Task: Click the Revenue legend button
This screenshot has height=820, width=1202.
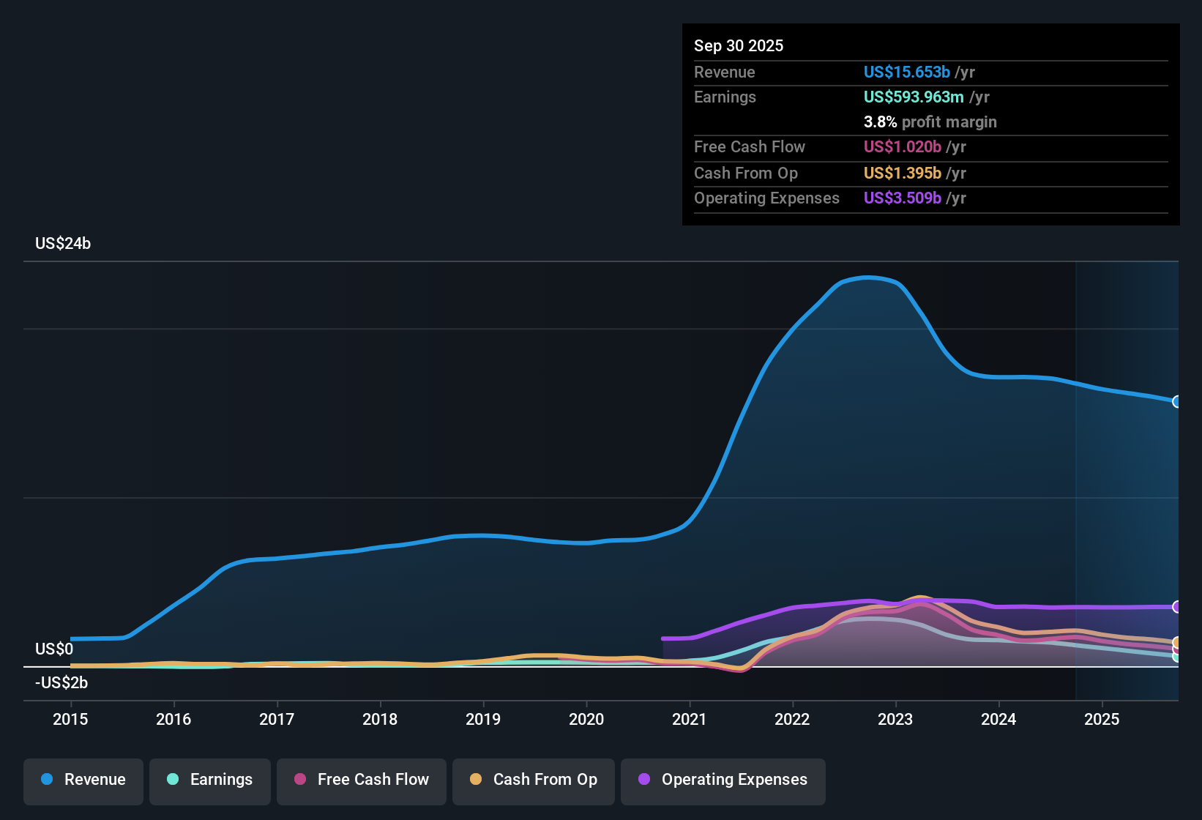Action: [83, 780]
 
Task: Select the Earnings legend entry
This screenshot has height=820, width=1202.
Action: [210, 780]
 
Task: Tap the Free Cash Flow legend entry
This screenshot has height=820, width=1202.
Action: [362, 780]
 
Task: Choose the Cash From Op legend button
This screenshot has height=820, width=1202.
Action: [534, 780]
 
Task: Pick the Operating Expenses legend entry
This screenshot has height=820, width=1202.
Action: [723, 780]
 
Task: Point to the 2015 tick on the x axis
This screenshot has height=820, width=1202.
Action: [70, 719]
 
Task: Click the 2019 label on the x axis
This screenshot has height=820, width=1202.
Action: [483, 719]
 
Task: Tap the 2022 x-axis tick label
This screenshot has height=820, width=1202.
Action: [792, 719]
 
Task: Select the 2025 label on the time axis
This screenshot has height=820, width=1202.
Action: [1102, 719]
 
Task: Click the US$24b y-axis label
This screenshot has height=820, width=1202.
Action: [63, 244]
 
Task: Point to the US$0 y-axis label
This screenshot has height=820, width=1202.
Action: [54, 649]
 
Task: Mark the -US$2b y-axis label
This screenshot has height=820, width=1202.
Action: [61, 683]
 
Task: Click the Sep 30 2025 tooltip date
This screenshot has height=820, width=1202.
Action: [739, 46]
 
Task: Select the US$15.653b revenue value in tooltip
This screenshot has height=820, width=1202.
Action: [906, 72]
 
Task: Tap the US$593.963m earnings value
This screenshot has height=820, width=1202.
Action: [914, 97]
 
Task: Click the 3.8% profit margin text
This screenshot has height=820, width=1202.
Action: [930, 122]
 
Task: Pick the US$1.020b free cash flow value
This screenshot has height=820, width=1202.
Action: [902, 147]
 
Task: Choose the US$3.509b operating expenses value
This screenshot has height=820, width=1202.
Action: [902, 198]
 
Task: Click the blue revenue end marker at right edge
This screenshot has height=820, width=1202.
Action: [1176, 401]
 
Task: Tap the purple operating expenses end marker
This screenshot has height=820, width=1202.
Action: [1176, 607]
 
